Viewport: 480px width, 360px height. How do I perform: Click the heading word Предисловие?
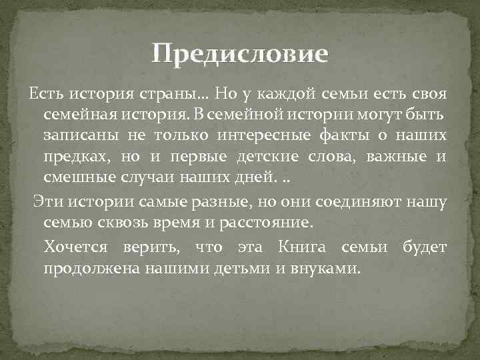pyautogui.click(x=239, y=53)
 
